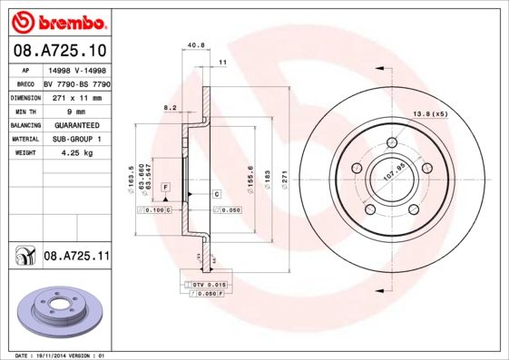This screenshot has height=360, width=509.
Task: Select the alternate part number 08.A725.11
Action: pos(76,258)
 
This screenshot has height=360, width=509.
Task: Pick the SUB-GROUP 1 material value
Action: pos(75,139)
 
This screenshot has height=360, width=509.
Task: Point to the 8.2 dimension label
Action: pos(169,107)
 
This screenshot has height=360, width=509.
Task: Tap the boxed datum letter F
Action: pos(166,186)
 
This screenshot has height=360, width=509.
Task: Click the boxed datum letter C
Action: pos(218,195)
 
